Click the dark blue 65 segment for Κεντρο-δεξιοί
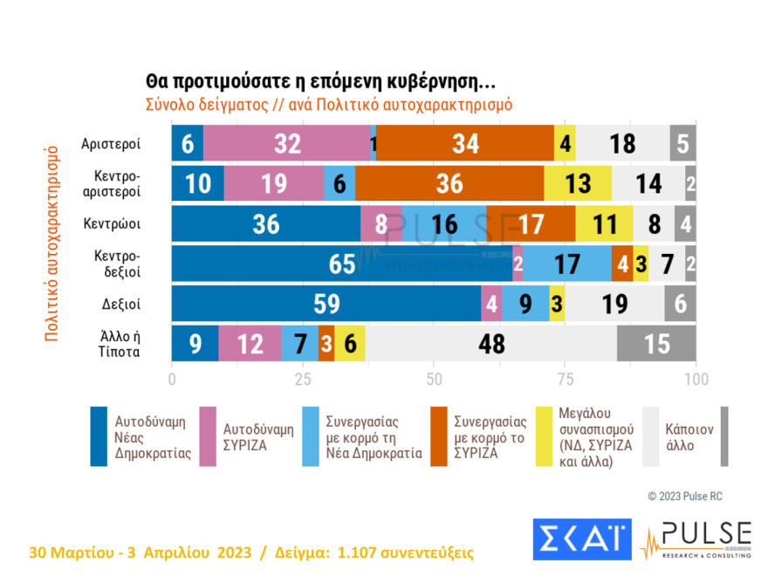[x=341, y=264]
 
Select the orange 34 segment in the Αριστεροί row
[x=465, y=143]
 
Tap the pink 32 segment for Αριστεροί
[x=287, y=143]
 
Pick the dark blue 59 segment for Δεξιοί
[x=326, y=304]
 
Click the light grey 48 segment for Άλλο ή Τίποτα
[x=491, y=344]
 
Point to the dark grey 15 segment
[x=656, y=344]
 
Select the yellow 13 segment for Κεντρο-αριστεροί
[x=577, y=183]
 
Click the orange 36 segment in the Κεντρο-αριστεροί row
[x=449, y=183]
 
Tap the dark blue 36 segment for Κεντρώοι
[x=266, y=223]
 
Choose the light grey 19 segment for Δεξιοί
[x=614, y=304]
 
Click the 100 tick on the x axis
[x=696, y=380]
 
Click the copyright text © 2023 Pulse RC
[x=685, y=497]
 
